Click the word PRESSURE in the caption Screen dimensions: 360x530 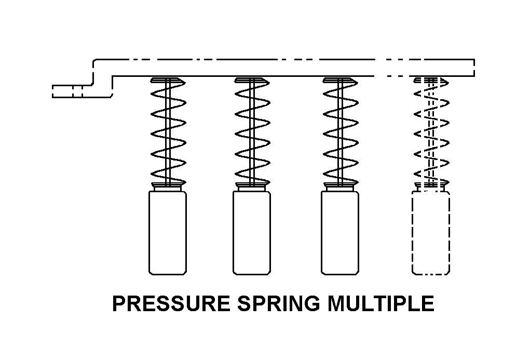171,304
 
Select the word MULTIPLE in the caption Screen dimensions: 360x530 380,304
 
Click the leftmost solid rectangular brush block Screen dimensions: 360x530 167,233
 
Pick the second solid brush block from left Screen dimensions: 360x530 251,233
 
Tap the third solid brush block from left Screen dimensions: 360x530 339,233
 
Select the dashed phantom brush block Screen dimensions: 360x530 430,233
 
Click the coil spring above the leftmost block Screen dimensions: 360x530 168,132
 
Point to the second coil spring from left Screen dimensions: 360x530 252,132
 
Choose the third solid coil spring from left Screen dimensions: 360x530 340,132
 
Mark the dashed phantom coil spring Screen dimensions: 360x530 431,132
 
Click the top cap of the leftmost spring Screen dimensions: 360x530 168,80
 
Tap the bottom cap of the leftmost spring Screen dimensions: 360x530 168,184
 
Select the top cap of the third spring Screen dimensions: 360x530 340,80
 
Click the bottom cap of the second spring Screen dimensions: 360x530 252,184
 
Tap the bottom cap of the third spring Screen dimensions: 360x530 340,184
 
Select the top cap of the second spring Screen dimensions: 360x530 252,80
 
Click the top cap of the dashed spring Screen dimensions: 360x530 431,80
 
